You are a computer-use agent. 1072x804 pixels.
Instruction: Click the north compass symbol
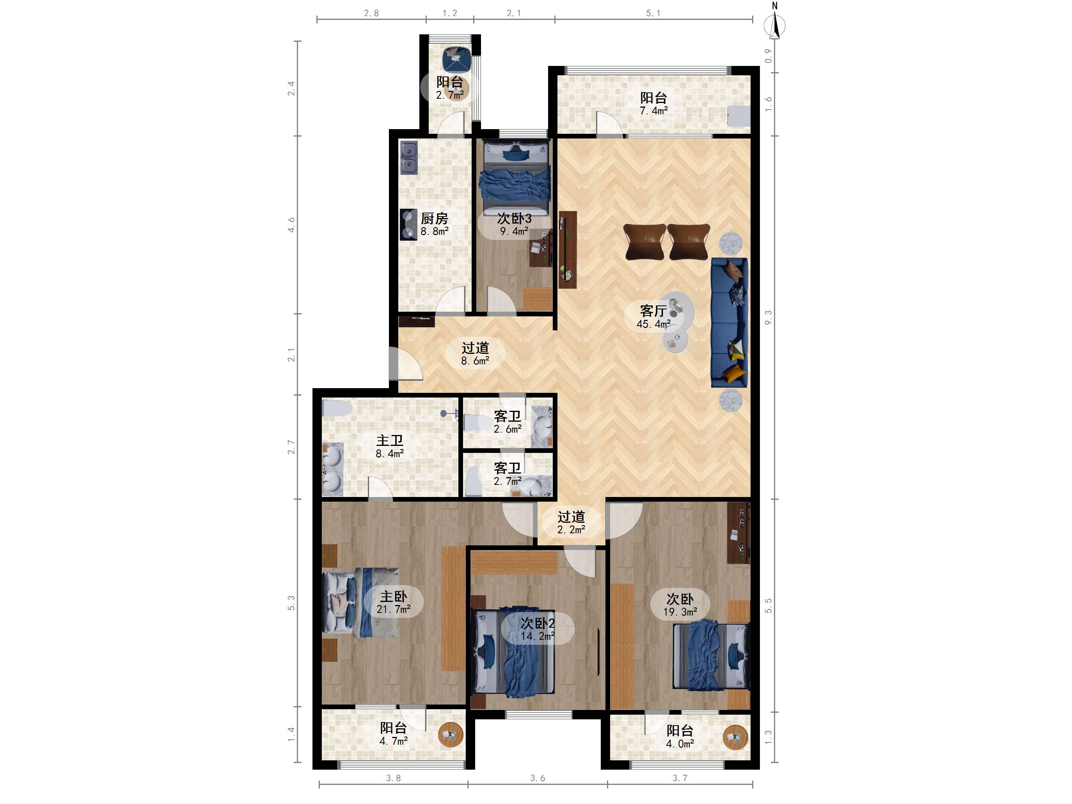click(x=774, y=22)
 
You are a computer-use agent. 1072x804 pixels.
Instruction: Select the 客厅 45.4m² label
click(x=653, y=317)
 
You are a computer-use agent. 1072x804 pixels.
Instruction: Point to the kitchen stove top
click(x=408, y=224)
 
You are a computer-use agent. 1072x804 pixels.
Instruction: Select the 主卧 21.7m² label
click(x=394, y=602)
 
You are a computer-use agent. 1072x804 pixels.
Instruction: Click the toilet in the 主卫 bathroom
click(x=337, y=408)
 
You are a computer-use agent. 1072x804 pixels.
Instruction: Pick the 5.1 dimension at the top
click(x=653, y=13)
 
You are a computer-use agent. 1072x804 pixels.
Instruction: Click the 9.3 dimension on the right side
click(x=768, y=318)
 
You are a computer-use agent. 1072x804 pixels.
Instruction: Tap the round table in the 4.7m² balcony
click(x=451, y=735)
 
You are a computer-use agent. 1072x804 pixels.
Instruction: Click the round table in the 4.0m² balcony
click(x=735, y=738)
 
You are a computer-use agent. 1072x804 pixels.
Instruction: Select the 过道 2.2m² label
click(x=571, y=523)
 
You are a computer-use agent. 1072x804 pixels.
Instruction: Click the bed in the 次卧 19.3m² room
click(x=711, y=655)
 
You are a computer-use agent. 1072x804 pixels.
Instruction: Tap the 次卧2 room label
click(x=538, y=623)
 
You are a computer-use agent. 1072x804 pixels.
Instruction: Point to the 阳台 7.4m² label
click(x=654, y=104)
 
